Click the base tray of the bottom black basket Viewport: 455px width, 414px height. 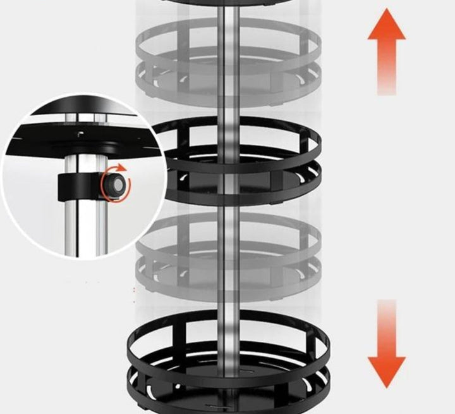pyautogui.click(x=190, y=392)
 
